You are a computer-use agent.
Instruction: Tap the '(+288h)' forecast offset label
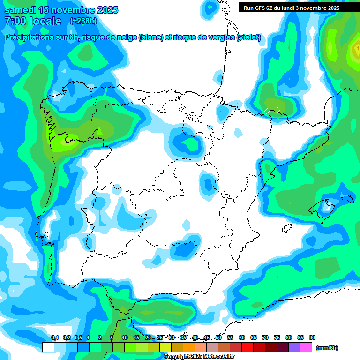(x=83, y=21)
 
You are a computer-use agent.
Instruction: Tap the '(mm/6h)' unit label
(x=327, y=348)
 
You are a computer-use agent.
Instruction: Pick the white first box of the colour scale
(x=48, y=347)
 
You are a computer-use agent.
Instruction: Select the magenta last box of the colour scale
(x=306, y=347)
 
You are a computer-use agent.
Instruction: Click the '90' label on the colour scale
(x=312, y=337)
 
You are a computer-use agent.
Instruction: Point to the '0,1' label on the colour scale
(x=54, y=337)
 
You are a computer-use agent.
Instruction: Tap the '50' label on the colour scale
(x=218, y=337)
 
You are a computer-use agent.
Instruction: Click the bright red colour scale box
(x=247, y=347)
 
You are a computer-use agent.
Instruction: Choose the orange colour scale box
(x=189, y=347)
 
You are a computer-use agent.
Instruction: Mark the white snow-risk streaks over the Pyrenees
(x=272, y=110)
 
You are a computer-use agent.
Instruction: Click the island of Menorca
(x=347, y=199)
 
